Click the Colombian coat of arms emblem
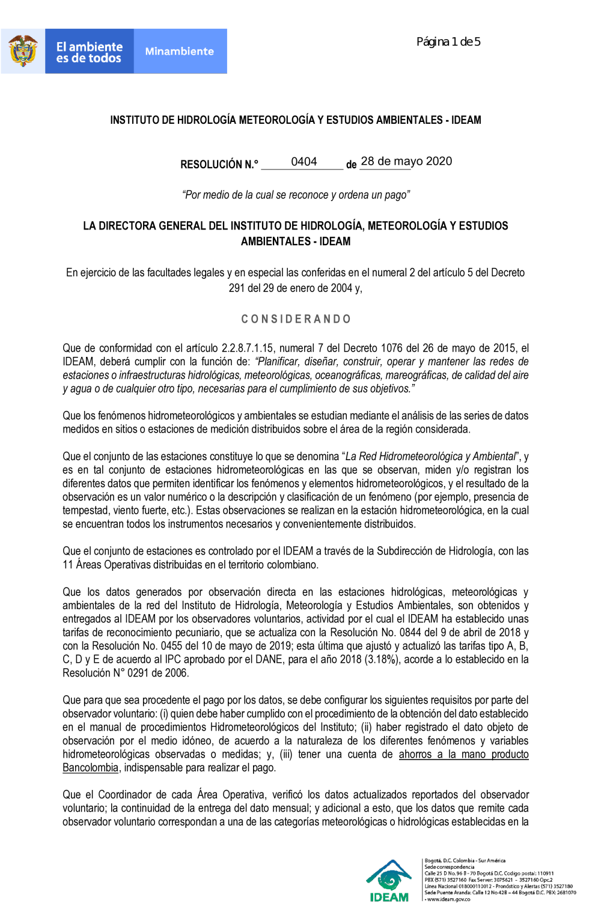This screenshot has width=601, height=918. pyautogui.click(x=23, y=51)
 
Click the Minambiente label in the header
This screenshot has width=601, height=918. pyautogui.click(x=180, y=52)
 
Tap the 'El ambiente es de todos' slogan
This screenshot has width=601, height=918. pyautogui.click(x=89, y=52)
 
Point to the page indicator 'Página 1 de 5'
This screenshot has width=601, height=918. pyautogui.click(x=448, y=42)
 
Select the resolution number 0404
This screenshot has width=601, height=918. pyautogui.click(x=304, y=162)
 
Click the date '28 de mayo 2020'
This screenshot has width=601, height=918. pyautogui.click(x=406, y=161)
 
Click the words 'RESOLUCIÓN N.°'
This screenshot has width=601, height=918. pyautogui.click(x=219, y=165)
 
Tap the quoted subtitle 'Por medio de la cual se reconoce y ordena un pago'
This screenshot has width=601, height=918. pyautogui.click(x=296, y=195)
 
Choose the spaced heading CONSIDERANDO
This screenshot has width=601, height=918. pyautogui.click(x=296, y=319)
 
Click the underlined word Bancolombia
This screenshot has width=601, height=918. pyautogui.click(x=90, y=768)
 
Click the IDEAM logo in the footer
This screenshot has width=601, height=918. pyautogui.click(x=389, y=881)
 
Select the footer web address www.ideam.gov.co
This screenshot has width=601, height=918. pyautogui.click(x=448, y=899)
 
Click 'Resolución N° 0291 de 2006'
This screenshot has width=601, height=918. pyautogui.click(x=125, y=673)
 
